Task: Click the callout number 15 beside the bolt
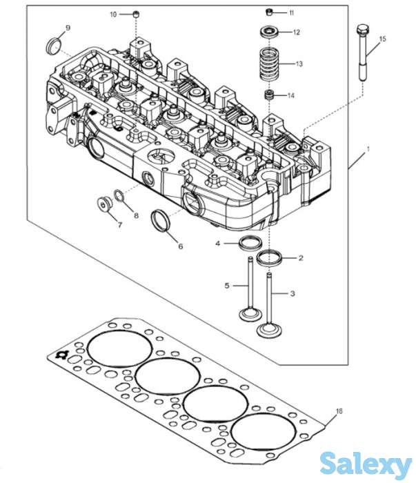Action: point(382,39)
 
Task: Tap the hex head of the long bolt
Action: point(363,29)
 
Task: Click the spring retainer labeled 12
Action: point(270,32)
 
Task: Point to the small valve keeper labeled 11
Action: point(270,12)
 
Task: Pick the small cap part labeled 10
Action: point(136,14)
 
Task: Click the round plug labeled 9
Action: point(53,46)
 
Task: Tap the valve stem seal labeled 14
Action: point(270,95)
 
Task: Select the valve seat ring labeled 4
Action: point(250,242)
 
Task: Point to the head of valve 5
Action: point(250,314)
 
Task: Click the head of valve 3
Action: point(269,330)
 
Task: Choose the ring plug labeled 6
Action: point(161,220)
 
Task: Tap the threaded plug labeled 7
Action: point(104,204)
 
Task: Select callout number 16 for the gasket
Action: point(339,411)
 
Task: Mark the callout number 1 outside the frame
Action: point(368,149)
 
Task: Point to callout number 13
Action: point(299,63)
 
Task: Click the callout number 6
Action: point(181,246)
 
